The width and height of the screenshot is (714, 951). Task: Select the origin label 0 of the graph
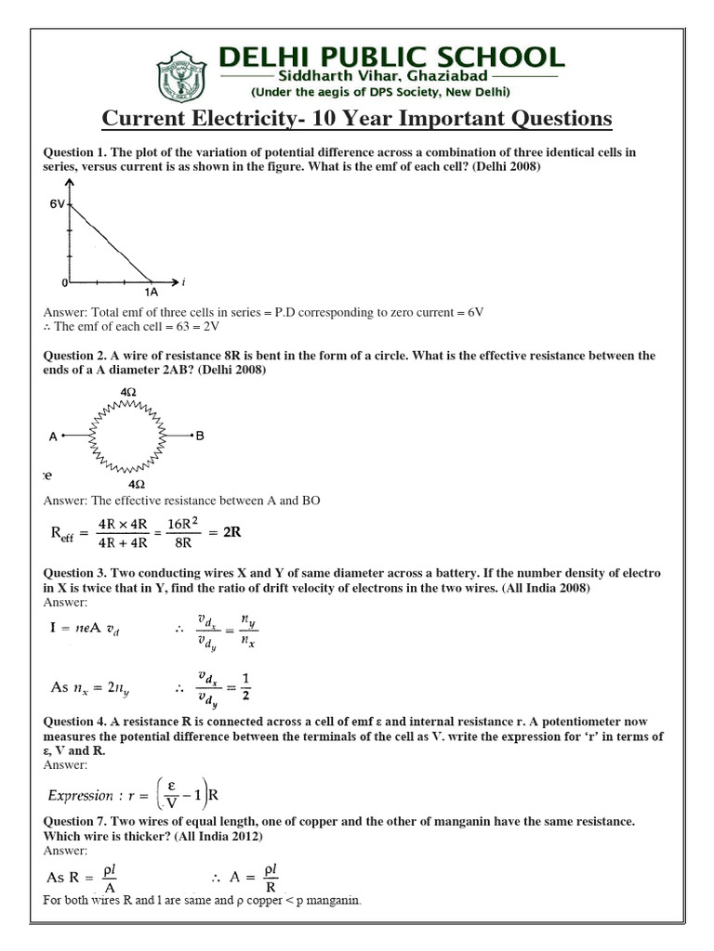click(x=64, y=280)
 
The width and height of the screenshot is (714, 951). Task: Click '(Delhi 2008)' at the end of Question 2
click(x=228, y=371)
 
